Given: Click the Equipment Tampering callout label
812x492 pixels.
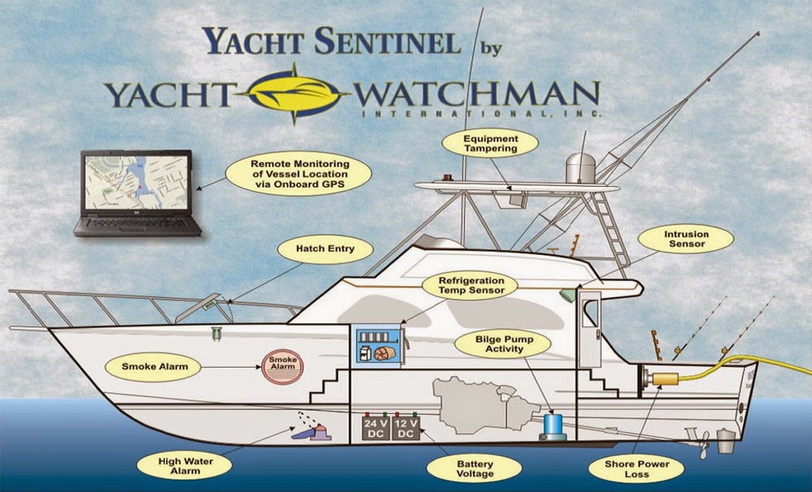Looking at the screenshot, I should pyautogui.click(x=490, y=144).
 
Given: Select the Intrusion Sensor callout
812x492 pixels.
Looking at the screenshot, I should pyautogui.click(x=686, y=240).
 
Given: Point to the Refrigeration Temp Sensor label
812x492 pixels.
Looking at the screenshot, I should pyautogui.click(x=464, y=284).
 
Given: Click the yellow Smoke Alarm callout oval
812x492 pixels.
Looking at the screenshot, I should pyautogui.click(x=154, y=367).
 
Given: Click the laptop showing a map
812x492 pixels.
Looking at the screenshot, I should pyautogui.click(x=136, y=193).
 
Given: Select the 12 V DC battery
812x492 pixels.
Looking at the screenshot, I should pyautogui.click(x=406, y=429).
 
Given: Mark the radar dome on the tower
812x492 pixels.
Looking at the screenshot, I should pyautogui.click(x=580, y=166).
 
